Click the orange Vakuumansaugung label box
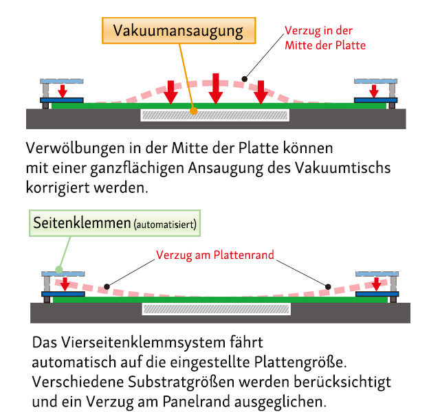point(179,30)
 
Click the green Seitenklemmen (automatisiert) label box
point(115,223)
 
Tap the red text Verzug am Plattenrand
point(215,255)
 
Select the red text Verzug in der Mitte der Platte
point(325,38)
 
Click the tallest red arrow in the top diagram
point(215,89)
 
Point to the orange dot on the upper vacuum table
point(193,111)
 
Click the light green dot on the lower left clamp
point(59,270)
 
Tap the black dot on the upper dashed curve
point(245,79)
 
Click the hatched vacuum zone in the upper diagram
point(215,115)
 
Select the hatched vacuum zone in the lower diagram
point(217,309)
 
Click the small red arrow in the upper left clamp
point(63,91)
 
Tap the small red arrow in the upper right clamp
point(374,91)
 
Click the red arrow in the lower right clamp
point(376,284)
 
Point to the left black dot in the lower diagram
point(107,286)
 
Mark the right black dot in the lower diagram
point(328,286)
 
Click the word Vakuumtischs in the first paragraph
point(342,168)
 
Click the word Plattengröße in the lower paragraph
point(300,362)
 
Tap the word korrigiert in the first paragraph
point(58,187)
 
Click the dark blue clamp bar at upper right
point(376,100)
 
